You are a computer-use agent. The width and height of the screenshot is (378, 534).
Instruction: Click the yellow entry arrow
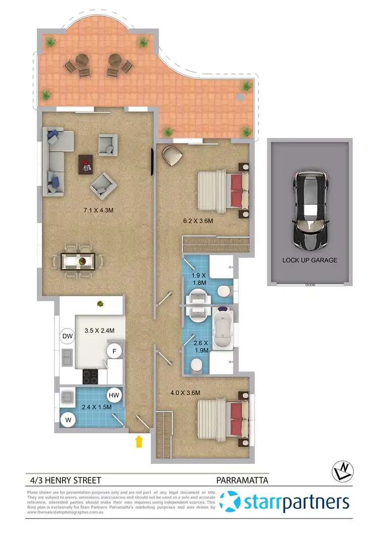[139, 442]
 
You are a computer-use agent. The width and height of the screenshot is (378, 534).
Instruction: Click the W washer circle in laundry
[67, 419]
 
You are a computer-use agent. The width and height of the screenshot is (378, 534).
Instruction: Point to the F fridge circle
[114, 351]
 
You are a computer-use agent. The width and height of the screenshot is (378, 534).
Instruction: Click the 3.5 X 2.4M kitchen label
[99, 331]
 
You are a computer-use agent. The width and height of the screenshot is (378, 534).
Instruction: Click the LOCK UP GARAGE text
[310, 260]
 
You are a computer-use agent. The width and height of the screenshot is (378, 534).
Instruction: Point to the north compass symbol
[342, 472]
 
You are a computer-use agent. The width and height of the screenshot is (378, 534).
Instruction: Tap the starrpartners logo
[285, 503]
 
